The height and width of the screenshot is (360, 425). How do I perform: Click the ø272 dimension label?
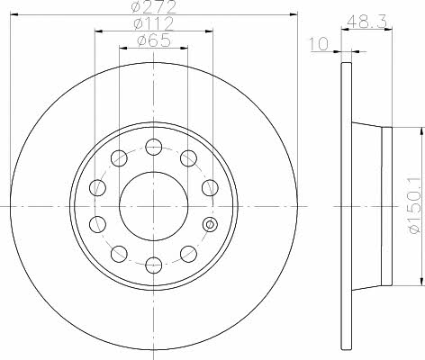point(154,7)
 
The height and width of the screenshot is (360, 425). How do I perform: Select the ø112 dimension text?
point(154,23)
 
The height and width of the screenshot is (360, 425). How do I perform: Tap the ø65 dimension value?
point(154,40)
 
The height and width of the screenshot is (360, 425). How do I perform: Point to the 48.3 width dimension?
point(366,22)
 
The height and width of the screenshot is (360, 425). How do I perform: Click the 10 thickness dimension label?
point(319,44)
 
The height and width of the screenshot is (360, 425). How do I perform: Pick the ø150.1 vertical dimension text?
point(415,206)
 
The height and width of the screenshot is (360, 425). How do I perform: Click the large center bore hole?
point(154,206)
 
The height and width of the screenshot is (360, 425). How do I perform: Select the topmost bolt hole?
point(154,147)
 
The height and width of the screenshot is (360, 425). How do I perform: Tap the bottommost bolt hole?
point(154,265)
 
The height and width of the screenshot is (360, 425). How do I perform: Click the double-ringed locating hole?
point(210,224)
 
